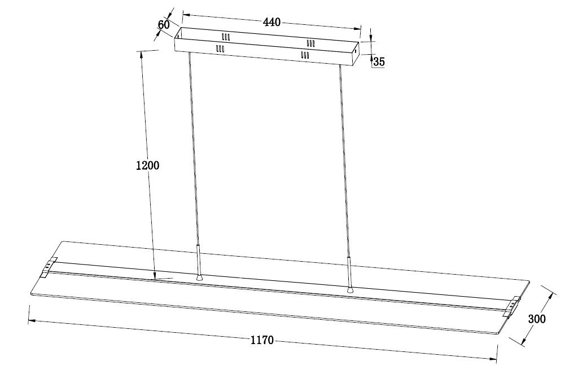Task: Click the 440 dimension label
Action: [x=272, y=22]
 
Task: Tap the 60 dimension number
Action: [x=164, y=25]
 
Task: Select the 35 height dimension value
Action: [x=379, y=62]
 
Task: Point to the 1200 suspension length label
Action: [x=147, y=165]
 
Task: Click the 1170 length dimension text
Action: [x=262, y=340]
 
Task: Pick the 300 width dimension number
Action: [x=537, y=319]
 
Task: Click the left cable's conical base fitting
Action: [x=199, y=277]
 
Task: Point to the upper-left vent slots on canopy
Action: [x=226, y=37]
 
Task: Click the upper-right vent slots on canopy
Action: [x=311, y=43]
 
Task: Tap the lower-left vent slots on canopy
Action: [x=220, y=49]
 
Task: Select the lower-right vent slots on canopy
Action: [x=304, y=55]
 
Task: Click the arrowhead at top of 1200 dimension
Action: [x=141, y=55]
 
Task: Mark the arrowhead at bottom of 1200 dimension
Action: [x=155, y=276]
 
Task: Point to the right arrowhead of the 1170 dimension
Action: [x=493, y=358]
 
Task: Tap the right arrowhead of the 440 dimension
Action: [x=357, y=28]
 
